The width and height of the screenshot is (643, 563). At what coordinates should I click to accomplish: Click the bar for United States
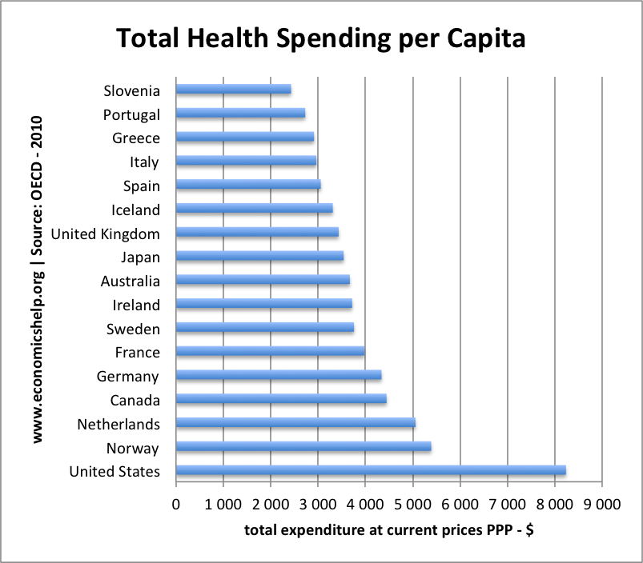pyautogui.click(x=371, y=471)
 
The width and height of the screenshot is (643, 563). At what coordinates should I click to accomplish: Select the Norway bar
pyautogui.click(x=303, y=447)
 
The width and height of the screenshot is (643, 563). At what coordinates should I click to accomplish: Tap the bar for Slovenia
pyautogui.click(x=233, y=90)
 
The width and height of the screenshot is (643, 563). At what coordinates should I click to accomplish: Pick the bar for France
pyautogui.click(x=270, y=352)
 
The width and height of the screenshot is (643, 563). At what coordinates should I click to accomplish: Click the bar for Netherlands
pyautogui.click(x=295, y=423)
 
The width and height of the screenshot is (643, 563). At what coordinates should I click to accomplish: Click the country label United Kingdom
pyautogui.click(x=105, y=234)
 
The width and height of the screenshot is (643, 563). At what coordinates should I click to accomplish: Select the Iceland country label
pyautogui.click(x=136, y=210)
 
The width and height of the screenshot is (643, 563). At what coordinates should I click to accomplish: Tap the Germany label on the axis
pyautogui.click(x=128, y=376)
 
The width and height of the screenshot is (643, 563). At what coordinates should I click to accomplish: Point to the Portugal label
pyautogui.click(x=131, y=114)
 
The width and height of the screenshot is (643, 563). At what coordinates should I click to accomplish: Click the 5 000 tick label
pyautogui.click(x=412, y=505)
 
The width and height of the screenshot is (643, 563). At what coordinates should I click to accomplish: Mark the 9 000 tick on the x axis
pyautogui.click(x=602, y=505)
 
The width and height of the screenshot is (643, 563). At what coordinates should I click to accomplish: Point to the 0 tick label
pyautogui.click(x=176, y=505)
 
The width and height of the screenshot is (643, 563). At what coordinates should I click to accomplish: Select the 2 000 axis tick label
pyautogui.click(x=270, y=505)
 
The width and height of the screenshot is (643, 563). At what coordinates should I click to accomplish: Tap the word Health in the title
pyautogui.click(x=235, y=38)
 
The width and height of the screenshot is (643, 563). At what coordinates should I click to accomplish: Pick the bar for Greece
pyautogui.click(x=244, y=138)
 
